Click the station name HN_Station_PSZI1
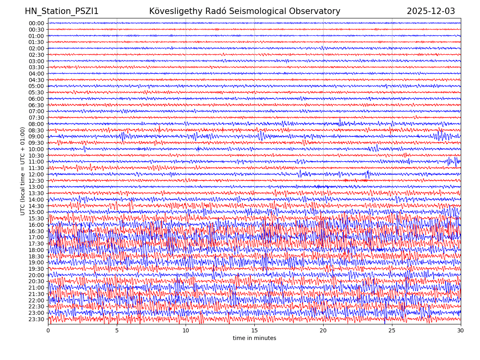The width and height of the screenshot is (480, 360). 62,12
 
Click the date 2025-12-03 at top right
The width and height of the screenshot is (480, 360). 431,12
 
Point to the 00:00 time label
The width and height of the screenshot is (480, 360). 36,23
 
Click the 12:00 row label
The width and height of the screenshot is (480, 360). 36,174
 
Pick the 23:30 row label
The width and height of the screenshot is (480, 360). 36,319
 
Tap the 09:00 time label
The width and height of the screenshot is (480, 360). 36,136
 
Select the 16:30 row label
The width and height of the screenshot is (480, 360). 36,231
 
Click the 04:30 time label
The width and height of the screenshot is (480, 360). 36,80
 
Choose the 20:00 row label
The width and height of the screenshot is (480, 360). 36,275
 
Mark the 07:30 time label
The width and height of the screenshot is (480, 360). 36,118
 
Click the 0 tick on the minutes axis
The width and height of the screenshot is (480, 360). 48,331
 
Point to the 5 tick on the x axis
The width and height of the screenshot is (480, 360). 117,331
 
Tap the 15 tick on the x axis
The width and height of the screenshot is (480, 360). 254,331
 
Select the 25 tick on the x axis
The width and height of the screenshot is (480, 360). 392,331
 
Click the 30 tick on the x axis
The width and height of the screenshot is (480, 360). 461,331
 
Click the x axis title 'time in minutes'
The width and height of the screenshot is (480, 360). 254,338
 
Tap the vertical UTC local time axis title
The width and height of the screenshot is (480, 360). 23,171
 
